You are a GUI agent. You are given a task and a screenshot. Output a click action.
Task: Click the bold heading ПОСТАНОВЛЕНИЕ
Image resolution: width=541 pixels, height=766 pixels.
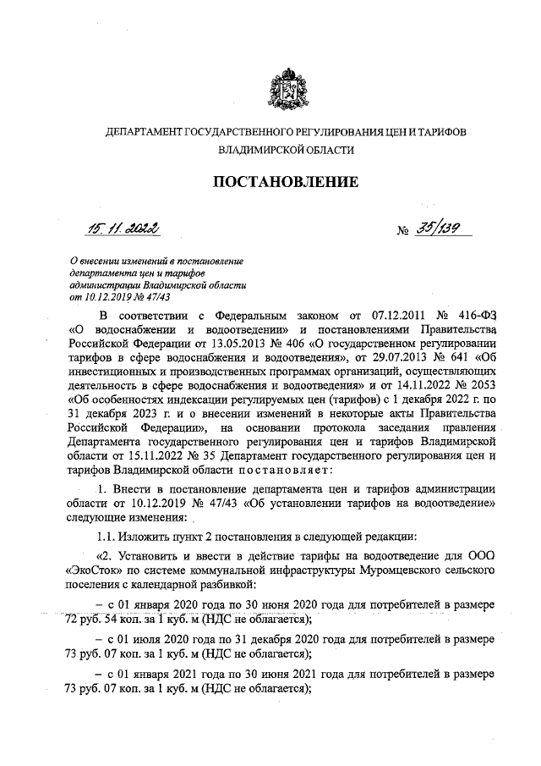(285, 181)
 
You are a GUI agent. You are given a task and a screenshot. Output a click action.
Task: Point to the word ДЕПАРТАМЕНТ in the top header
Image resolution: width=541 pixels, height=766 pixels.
(143, 132)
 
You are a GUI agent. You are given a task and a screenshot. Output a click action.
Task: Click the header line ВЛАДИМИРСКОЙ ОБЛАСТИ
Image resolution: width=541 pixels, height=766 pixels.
(286, 149)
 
